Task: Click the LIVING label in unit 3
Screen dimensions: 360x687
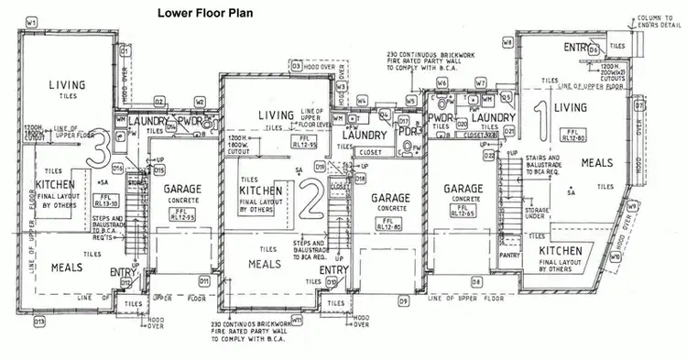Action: [x=68, y=85]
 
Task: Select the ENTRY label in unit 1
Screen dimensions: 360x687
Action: [x=576, y=48]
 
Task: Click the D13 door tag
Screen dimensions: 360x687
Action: [x=39, y=322]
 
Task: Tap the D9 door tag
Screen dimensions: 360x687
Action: [x=403, y=300]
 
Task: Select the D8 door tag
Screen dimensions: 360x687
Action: [x=476, y=280]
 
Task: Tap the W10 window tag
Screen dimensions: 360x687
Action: [x=616, y=257]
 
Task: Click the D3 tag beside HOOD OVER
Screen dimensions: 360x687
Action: [x=297, y=66]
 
